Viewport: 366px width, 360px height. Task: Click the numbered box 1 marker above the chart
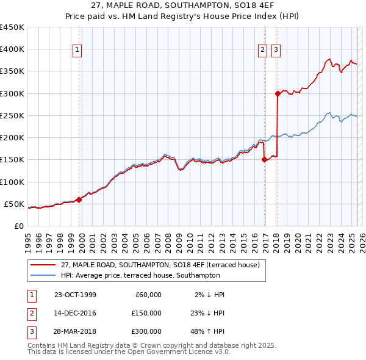tap(79, 51)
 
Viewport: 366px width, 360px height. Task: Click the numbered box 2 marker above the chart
tap(262, 51)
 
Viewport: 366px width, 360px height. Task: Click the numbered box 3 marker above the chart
tap(276, 51)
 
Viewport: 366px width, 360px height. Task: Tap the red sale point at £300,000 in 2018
tap(278, 93)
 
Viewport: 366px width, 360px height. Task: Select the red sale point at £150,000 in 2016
tap(264, 160)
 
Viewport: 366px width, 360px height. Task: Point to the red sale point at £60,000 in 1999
tap(79, 200)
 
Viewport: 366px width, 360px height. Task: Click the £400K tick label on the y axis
tap(12, 49)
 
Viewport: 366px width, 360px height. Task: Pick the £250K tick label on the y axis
tap(12, 115)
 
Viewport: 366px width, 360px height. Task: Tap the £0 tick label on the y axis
tap(18, 226)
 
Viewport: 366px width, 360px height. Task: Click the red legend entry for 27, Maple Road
tap(160, 265)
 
